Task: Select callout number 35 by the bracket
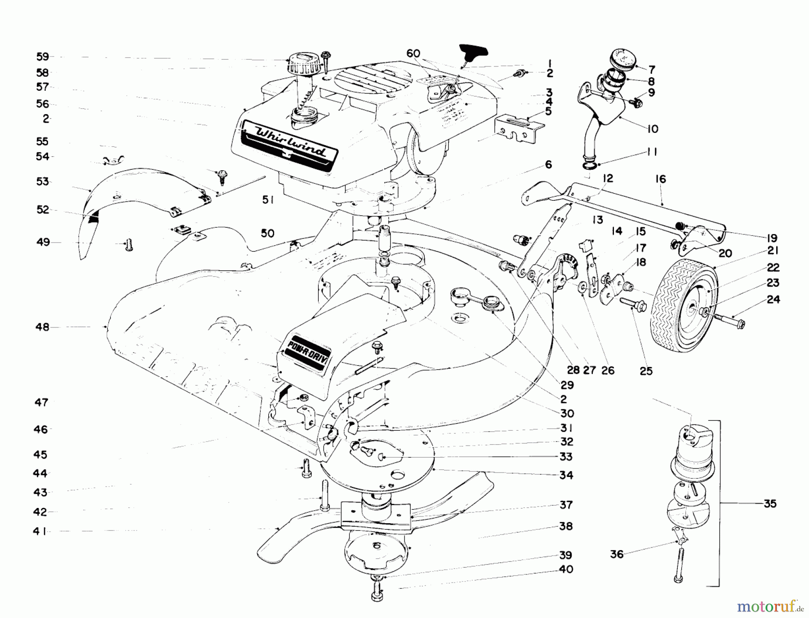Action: pyautogui.click(x=770, y=503)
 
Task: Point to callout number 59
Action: pyautogui.click(x=42, y=57)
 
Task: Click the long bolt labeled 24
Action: pyautogui.click(x=730, y=320)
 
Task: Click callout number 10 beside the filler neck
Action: pyautogui.click(x=653, y=129)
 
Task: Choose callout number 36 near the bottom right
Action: pyautogui.click(x=617, y=555)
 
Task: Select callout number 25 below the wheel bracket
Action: pyautogui.click(x=646, y=371)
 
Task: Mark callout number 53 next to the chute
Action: pyautogui.click(x=43, y=182)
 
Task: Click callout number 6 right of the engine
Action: pyautogui.click(x=548, y=165)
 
